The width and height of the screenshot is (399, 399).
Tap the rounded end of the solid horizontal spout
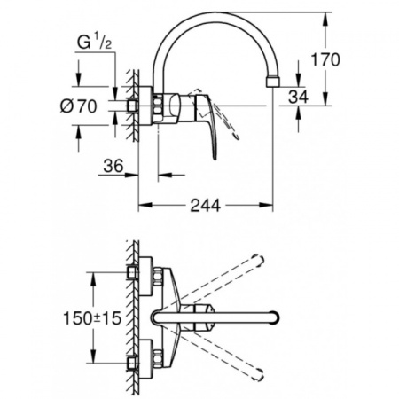click(x=278, y=317)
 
